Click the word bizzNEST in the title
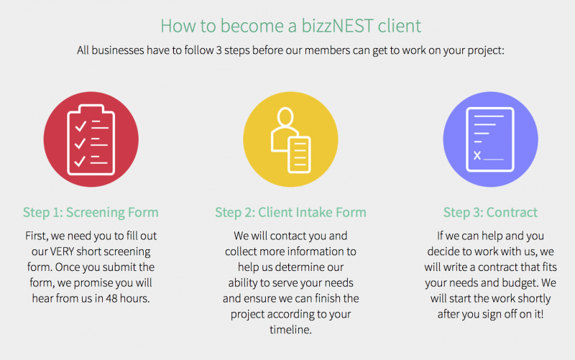337,26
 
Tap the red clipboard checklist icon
91,139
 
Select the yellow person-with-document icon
290,139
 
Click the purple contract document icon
490,139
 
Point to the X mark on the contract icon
477,155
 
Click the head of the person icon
285,116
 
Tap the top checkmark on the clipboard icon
80,126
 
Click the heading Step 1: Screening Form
91,212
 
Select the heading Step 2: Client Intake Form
290,212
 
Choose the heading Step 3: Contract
490,212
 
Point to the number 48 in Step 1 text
111,298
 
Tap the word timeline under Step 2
290,330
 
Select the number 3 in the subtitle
219,50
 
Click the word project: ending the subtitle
486,50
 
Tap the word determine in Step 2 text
300,267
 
